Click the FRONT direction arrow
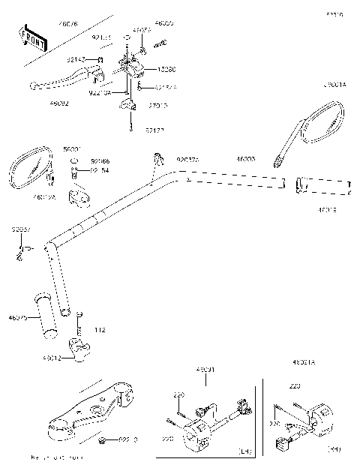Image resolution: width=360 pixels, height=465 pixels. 33,38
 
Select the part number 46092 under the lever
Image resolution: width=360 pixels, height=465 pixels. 59,103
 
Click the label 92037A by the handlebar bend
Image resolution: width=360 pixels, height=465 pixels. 187,159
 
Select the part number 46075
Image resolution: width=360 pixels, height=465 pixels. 17,318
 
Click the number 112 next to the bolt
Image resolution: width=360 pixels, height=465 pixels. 100,330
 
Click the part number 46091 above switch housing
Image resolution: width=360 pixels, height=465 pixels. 205,370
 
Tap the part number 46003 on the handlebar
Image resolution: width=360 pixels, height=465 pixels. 246,160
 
